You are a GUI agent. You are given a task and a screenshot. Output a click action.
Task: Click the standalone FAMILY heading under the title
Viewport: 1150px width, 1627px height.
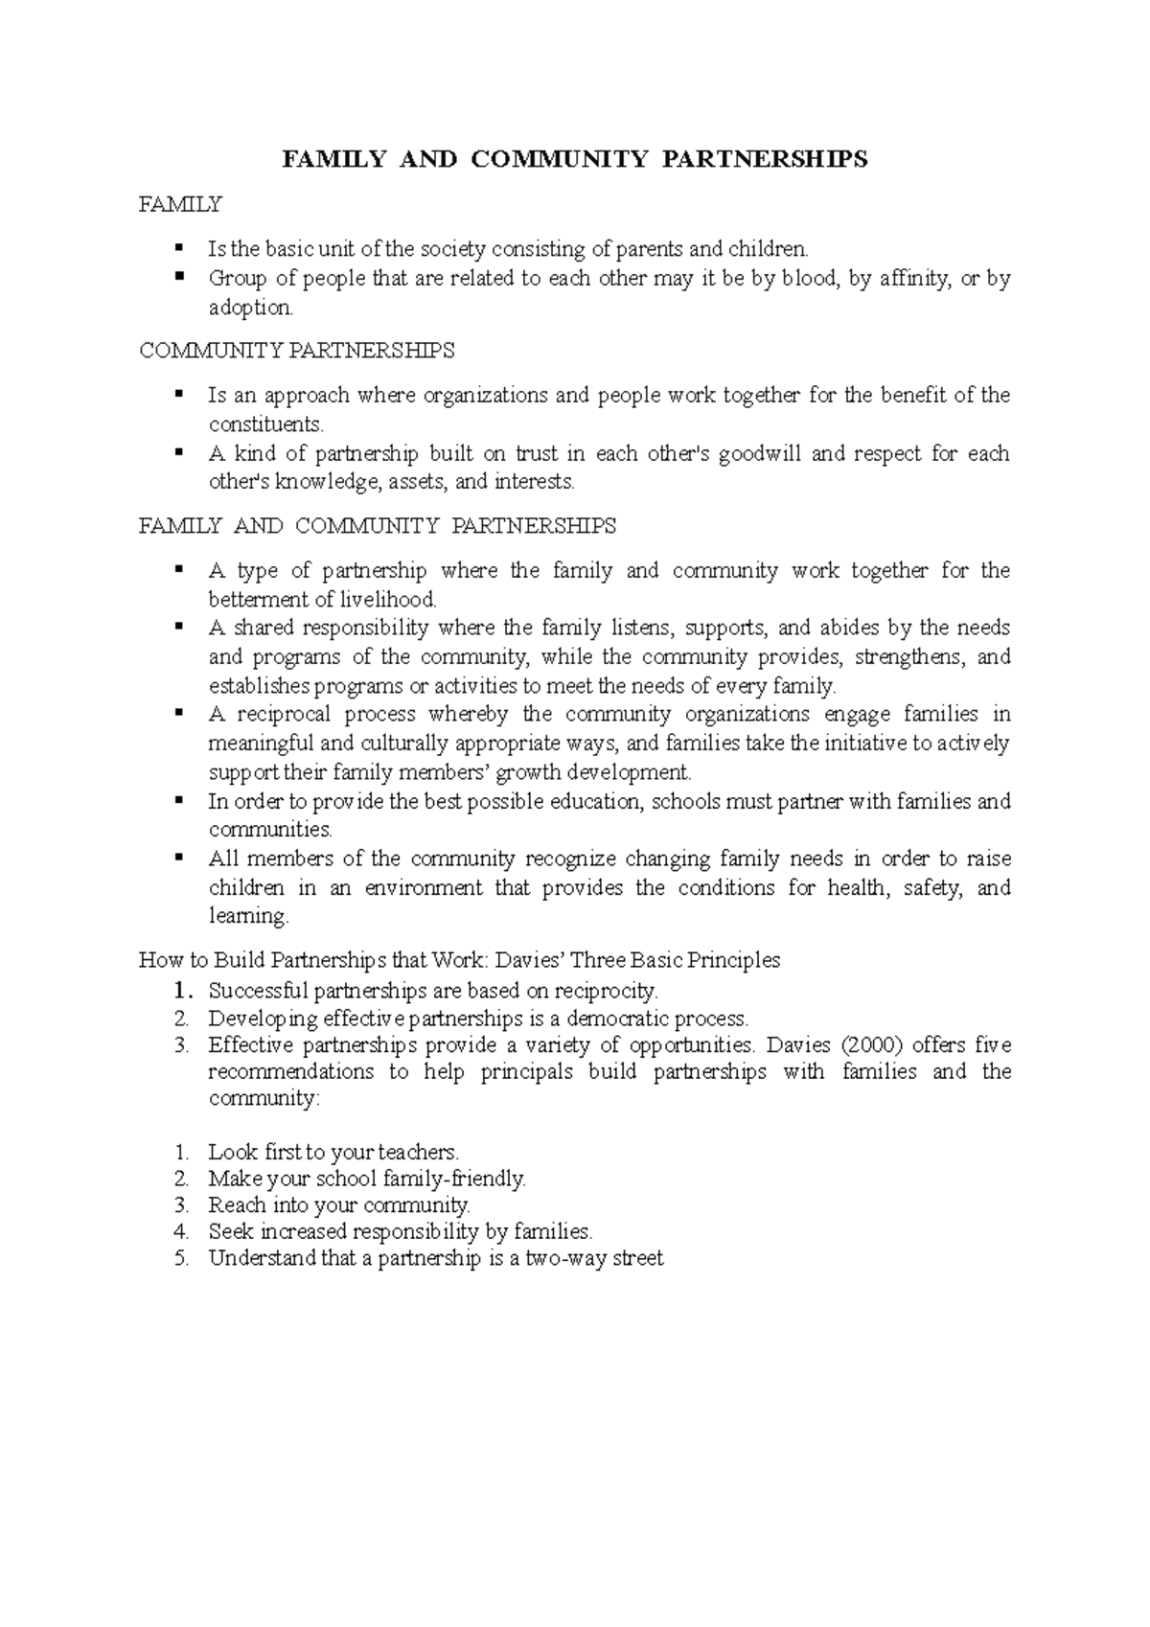(180, 204)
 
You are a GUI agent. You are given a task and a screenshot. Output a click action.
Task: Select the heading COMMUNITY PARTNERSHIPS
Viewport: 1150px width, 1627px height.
(297, 351)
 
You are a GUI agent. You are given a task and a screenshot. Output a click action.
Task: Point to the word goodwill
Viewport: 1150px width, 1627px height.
(758, 453)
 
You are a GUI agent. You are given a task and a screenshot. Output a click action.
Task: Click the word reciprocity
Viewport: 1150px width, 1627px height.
(607, 991)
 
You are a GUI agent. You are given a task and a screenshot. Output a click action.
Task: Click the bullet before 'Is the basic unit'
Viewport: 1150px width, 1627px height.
(177, 249)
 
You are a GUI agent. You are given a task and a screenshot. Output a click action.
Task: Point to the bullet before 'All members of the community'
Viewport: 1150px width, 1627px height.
(177, 859)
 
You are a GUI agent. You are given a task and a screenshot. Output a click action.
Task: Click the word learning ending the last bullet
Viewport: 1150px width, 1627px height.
(247, 917)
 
